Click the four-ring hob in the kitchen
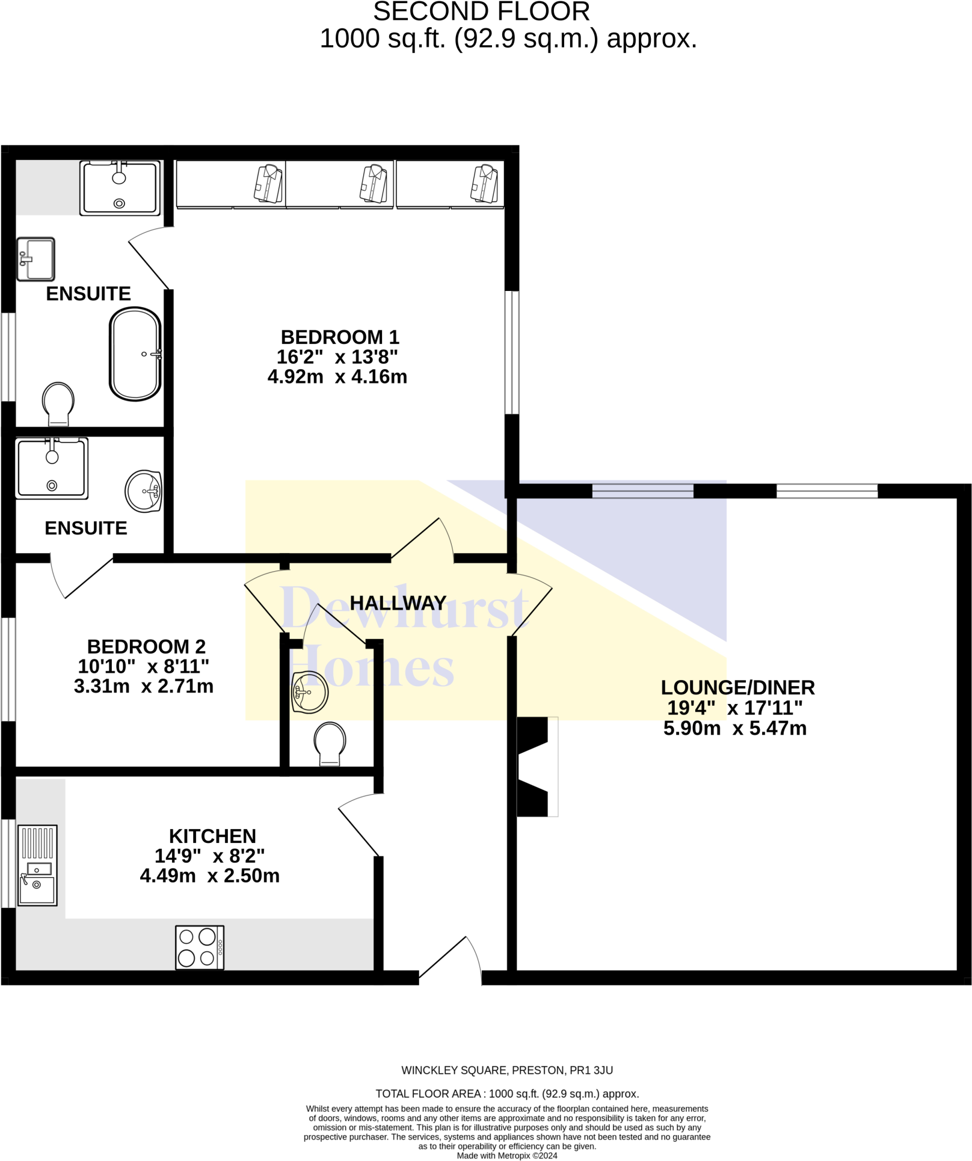tap(200, 947)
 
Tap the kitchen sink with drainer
tap(37, 865)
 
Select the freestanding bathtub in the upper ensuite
tap(135, 354)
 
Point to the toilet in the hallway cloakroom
tap(330, 743)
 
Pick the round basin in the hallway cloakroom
tap(310, 692)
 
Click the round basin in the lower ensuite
tap(144, 491)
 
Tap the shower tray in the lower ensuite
tap(52, 468)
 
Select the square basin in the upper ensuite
tap(36, 259)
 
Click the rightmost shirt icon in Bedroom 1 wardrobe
tap(484, 183)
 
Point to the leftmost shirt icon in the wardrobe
tap(268, 183)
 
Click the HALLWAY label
tap(398, 602)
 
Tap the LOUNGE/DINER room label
tap(737, 687)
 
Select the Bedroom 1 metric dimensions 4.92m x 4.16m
tap(337, 376)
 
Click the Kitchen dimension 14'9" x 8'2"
tap(209, 856)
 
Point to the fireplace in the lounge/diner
tap(537, 767)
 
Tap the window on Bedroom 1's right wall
tap(512, 352)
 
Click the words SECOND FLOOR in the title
tap(481, 12)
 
